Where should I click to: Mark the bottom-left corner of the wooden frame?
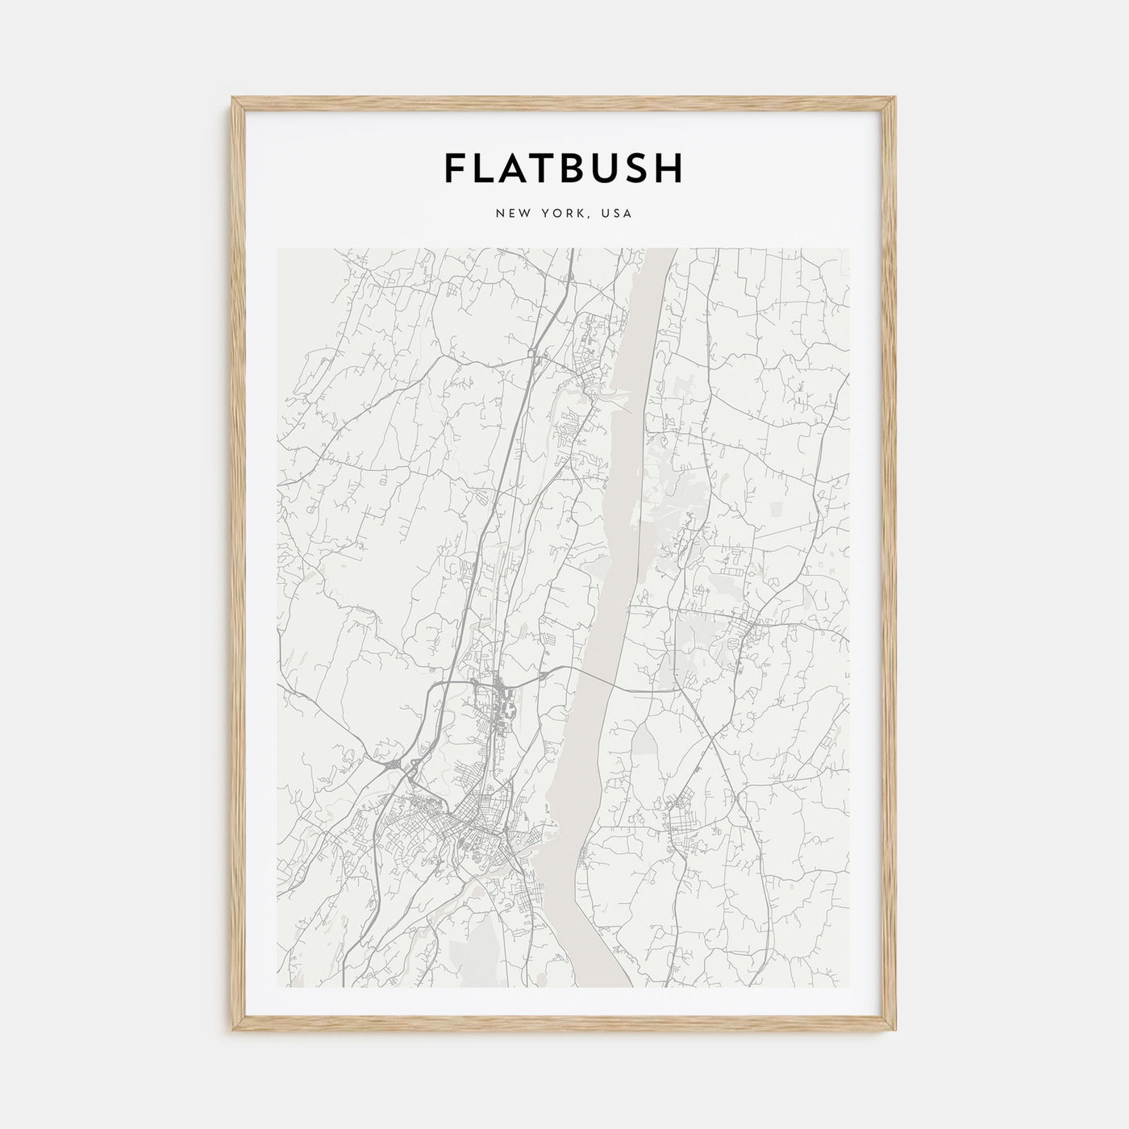(233, 1031)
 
